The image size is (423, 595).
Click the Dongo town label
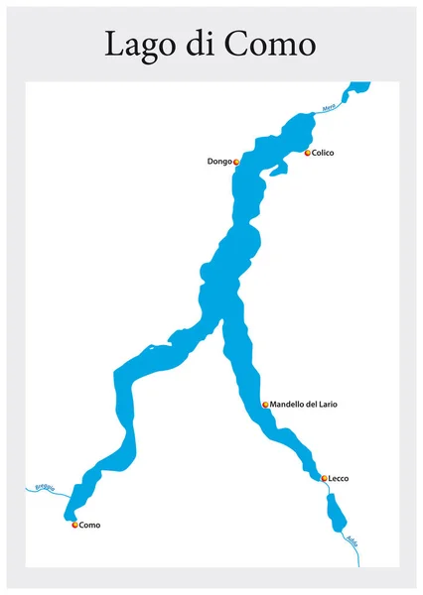click(x=219, y=161)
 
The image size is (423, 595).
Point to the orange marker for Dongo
click(x=236, y=161)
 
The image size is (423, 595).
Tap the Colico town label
click(x=323, y=153)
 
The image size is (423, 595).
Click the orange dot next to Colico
click(x=308, y=153)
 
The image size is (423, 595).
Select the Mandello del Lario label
click(x=304, y=405)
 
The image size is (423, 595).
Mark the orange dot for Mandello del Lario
click(x=265, y=405)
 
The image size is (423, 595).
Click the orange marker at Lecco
click(x=324, y=478)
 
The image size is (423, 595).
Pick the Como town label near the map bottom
click(x=89, y=525)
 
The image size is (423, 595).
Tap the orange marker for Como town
click(x=74, y=525)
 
